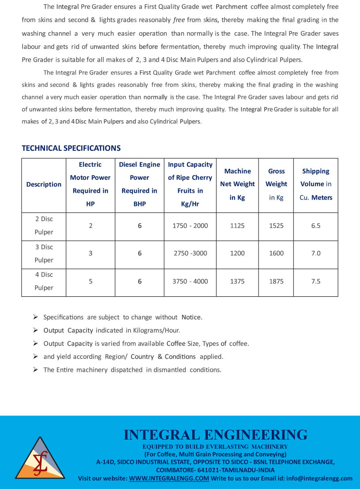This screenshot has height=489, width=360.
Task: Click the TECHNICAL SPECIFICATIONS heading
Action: click(x=71, y=148)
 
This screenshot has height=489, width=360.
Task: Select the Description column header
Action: click(x=44, y=184)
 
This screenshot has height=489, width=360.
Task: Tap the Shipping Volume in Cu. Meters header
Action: click(x=316, y=184)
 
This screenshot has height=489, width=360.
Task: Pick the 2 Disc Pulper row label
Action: click(x=44, y=225)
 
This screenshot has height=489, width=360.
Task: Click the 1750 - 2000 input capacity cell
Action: click(x=190, y=225)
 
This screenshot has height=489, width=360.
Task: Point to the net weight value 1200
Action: click(x=237, y=253)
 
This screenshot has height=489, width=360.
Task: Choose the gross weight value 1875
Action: click(x=276, y=281)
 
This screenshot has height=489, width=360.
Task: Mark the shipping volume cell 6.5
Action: click(x=316, y=225)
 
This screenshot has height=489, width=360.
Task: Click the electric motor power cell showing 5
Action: click(x=90, y=281)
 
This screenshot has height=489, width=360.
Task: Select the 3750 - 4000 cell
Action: click(x=190, y=281)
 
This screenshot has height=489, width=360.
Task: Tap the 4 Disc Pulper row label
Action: click(x=44, y=281)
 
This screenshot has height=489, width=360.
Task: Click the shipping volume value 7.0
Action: click(x=316, y=253)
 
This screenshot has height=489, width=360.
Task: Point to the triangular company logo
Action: click(x=40, y=459)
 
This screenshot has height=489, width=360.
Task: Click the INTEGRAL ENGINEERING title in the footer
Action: click(x=215, y=435)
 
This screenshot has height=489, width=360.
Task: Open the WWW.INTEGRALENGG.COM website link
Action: click(x=169, y=478)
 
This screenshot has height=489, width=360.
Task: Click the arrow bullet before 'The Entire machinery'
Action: click(x=36, y=370)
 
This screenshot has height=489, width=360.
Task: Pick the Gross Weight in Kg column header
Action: click(x=276, y=184)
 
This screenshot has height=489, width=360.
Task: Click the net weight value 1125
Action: click(x=237, y=225)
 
